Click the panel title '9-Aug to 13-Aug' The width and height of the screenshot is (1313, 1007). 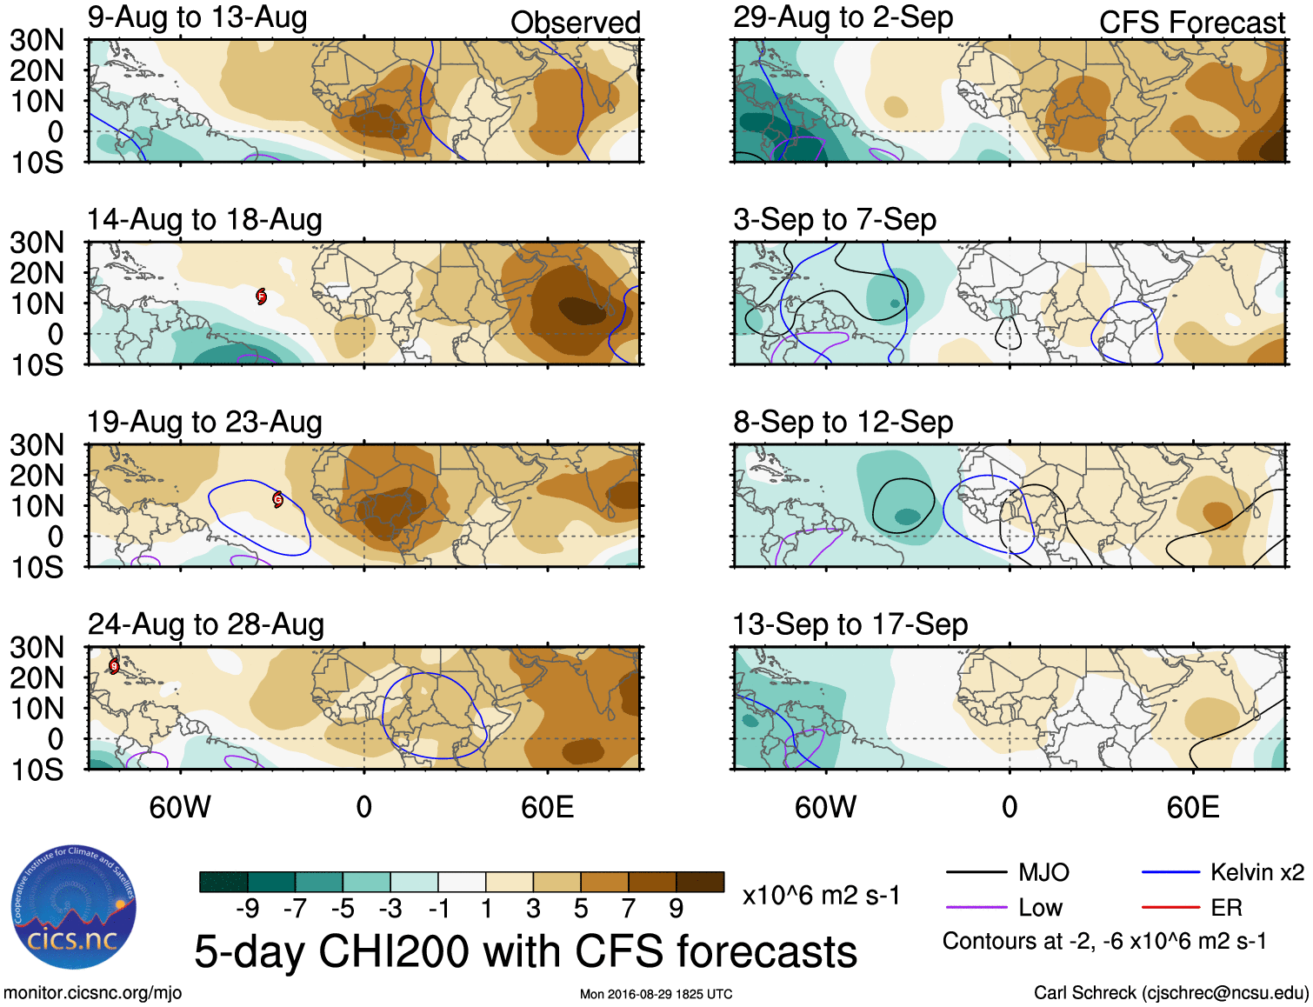[x=197, y=17]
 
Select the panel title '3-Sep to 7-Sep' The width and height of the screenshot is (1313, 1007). [x=835, y=219]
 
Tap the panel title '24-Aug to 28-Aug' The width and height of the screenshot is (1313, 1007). [x=206, y=624]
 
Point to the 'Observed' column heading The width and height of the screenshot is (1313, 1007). [x=576, y=23]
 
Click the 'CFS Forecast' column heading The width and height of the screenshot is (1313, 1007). [x=1192, y=23]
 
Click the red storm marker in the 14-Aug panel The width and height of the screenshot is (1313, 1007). [x=261, y=297]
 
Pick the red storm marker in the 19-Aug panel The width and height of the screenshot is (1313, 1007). [x=278, y=499]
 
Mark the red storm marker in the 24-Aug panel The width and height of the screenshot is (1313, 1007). [x=114, y=666]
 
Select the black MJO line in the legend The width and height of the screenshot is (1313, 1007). [x=976, y=872]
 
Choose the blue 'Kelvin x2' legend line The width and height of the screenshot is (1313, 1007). [x=1170, y=872]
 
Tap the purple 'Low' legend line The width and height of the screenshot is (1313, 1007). [x=976, y=908]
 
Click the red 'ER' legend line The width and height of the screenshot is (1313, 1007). [x=1170, y=908]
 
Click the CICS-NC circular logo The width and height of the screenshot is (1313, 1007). [x=74, y=908]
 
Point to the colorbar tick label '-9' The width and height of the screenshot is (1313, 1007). [x=247, y=909]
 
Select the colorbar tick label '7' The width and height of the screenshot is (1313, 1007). [x=629, y=909]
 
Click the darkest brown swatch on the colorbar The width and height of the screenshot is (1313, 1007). [x=700, y=882]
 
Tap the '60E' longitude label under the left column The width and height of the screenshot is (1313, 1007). [x=548, y=808]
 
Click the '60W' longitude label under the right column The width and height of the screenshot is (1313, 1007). [x=825, y=808]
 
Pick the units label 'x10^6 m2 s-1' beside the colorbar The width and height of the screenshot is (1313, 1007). [x=821, y=896]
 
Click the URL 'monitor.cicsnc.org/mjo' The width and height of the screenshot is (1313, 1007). [x=93, y=993]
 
